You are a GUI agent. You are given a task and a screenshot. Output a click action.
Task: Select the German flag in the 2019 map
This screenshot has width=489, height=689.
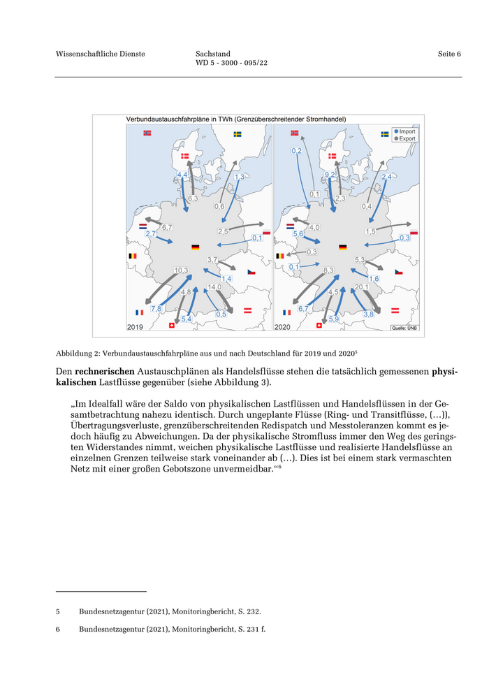click(195, 248)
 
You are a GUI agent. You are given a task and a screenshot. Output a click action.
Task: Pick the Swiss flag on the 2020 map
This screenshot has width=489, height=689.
click(319, 325)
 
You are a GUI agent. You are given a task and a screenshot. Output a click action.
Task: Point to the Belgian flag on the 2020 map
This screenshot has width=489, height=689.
click(280, 256)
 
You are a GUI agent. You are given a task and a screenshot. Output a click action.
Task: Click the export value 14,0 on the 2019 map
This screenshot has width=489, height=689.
click(214, 287)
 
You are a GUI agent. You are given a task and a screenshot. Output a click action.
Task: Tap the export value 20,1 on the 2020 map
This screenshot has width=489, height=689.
click(361, 287)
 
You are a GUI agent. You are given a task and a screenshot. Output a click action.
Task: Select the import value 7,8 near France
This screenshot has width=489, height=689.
click(156, 308)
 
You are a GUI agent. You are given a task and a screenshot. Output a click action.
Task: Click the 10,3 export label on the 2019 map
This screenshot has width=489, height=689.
click(182, 270)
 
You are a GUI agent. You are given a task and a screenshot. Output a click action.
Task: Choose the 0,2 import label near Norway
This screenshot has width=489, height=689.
click(295, 151)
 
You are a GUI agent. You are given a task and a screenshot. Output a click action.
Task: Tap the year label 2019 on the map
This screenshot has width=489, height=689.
click(136, 326)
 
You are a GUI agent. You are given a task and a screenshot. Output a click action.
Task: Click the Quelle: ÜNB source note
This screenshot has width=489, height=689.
click(404, 327)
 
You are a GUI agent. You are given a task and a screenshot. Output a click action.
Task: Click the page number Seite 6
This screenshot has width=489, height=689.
click(449, 54)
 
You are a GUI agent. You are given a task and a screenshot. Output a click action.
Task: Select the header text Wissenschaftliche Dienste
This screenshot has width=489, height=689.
click(100, 54)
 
